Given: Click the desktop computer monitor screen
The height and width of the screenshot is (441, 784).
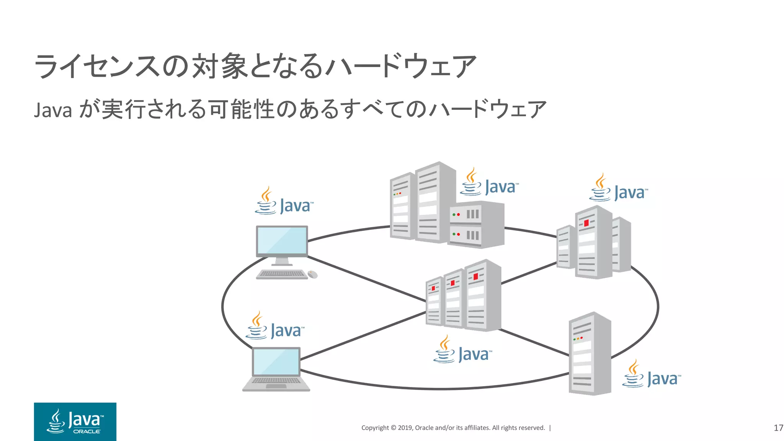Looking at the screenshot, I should coord(282,240).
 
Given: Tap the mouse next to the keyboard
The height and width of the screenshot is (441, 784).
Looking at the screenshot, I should coord(312,274).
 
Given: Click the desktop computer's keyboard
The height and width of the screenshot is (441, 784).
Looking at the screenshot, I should coord(282,274).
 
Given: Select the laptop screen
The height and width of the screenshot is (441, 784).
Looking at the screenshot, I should coord(276,362).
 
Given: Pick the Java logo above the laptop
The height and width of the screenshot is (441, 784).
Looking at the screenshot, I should coord(275,327).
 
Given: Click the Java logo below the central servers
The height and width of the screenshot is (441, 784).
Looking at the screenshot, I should coord(462,350).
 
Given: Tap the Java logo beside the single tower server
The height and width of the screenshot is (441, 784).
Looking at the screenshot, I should coord(652,375).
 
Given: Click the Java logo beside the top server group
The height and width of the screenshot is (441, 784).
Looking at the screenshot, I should coord(489,183).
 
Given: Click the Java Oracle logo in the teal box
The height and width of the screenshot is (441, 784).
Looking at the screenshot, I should coord(75,421).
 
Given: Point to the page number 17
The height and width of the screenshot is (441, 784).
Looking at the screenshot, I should coord(778,428).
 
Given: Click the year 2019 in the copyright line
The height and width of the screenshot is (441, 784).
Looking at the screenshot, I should coord(405,428).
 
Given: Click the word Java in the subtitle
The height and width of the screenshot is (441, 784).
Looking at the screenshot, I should coord(53,110).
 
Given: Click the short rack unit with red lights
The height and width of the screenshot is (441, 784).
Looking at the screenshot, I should coord(476,224).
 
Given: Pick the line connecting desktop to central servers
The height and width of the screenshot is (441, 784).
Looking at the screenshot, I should coord(366,279).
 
